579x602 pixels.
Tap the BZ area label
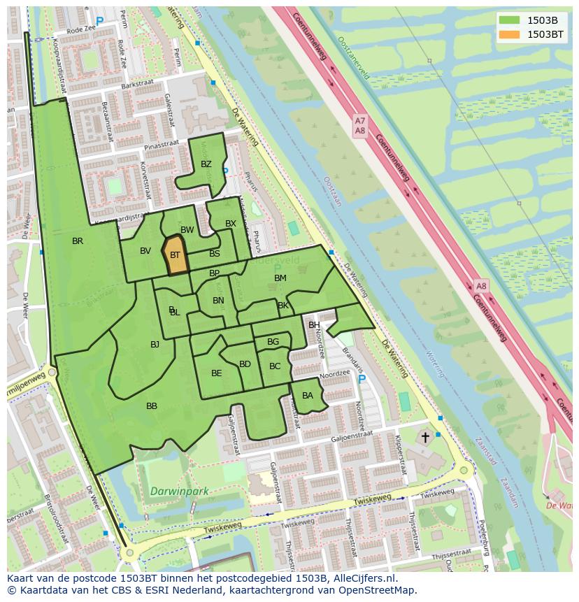coord(206,164)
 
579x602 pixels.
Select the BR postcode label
coord(78,241)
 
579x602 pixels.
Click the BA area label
coord(308,396)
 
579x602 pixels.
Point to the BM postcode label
coord(280,278)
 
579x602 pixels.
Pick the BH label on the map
coord(314,325)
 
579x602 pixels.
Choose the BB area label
coord(152,406)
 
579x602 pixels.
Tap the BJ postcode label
coord(155,344)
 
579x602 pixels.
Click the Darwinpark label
coord(180,491)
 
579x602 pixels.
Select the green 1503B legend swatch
coord(509,20)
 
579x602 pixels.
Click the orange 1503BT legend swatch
coord(509,34)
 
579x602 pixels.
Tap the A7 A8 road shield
coord(359,126)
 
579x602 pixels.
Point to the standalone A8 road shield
coord(481,286)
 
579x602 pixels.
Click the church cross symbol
coord(424,437)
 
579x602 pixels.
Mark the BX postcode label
coord(231,224)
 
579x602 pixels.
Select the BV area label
coord(145,251)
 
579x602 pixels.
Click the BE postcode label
coord(216,373)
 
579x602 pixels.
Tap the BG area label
coord(273,342)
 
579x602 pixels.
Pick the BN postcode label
coord(218,301)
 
